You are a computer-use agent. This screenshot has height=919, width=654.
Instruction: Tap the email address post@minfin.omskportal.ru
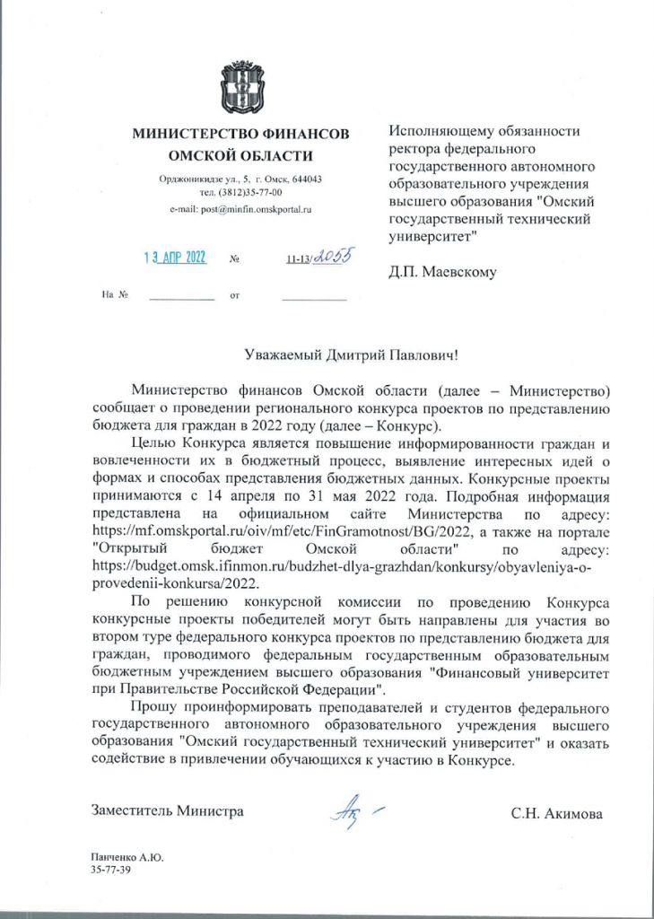240,209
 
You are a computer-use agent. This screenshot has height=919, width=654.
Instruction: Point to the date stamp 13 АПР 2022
175,258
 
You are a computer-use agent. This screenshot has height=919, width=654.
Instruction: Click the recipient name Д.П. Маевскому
442,271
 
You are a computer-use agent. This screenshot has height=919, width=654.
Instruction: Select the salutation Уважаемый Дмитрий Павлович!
351,355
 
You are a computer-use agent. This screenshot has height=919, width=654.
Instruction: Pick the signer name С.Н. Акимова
556,814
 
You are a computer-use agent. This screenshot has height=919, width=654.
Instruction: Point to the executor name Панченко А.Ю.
120,858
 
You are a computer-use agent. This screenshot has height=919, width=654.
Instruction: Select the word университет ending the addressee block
431,237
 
